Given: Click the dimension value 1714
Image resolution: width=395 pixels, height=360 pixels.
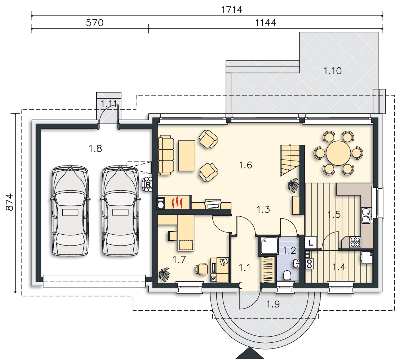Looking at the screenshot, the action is pos(231,10).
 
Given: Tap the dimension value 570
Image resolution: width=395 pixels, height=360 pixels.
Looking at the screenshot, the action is pos(94,23).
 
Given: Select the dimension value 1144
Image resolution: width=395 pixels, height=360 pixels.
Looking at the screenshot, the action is pos(266,23).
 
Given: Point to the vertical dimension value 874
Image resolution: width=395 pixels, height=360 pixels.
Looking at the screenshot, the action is pos(10,202).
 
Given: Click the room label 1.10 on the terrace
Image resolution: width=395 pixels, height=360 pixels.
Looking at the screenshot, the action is pos(333,71).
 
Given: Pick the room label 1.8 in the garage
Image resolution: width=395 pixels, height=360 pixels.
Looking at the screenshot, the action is pos(95,149).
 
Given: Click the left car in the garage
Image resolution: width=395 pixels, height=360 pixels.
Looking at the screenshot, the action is pos(70,211).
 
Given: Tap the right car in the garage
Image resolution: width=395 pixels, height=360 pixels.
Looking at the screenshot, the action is pos(120,211).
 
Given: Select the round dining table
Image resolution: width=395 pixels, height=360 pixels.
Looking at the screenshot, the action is pos(338,153).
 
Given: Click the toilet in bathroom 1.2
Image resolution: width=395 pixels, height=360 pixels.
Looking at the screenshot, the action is pos(287,275).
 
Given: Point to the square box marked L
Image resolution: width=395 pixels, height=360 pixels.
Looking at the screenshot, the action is pos(311,243).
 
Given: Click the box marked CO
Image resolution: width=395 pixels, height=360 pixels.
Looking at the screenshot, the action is pos(310,264).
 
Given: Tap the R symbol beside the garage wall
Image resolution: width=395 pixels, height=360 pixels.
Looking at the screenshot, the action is pos(148,184).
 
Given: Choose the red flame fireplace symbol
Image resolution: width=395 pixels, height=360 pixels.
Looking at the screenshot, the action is pos(177,203).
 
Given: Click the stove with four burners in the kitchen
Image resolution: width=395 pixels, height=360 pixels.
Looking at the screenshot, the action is pos(355,242).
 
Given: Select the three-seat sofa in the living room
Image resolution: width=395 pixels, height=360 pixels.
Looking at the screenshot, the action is pos(166,155).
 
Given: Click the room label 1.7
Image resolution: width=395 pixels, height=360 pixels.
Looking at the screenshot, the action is pos(179,259).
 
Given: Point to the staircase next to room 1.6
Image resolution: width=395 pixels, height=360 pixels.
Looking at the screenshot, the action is pos(290,160).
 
